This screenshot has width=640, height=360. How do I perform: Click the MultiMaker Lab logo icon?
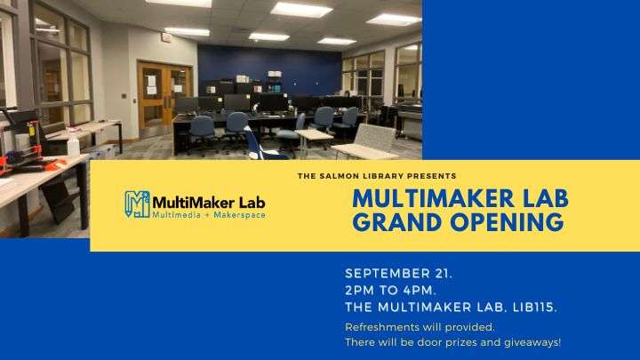(138, 204)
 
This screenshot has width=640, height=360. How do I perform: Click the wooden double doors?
(164, 99)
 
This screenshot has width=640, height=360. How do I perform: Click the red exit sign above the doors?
(166, 38)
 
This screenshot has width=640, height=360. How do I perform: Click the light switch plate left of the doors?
(124, 96)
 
